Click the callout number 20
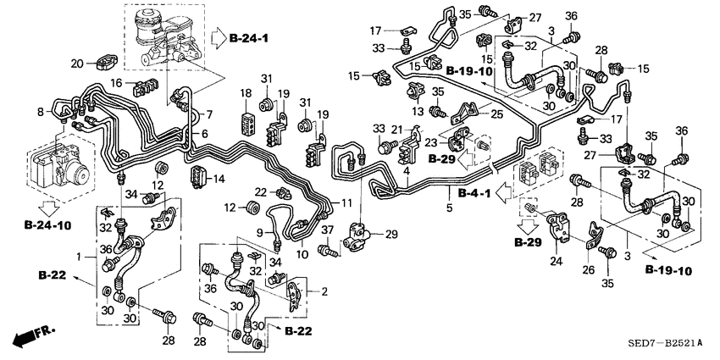(76, 63)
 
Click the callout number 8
(39, 111)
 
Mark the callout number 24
(557, 262)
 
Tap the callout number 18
(246, 93)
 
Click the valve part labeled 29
(362, 233)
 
